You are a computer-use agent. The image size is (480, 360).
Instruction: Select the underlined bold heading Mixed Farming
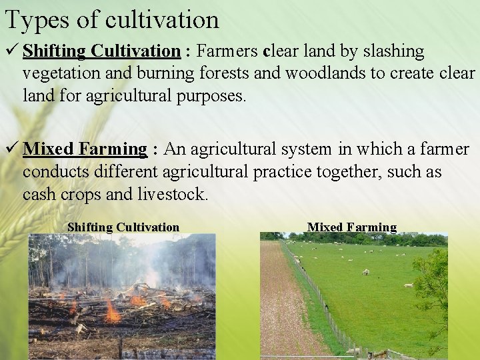85,149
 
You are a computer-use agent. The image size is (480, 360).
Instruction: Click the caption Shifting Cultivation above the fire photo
123,227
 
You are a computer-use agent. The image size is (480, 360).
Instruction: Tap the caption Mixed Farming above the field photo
352,227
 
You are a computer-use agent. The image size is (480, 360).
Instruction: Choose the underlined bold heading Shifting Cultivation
102,51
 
